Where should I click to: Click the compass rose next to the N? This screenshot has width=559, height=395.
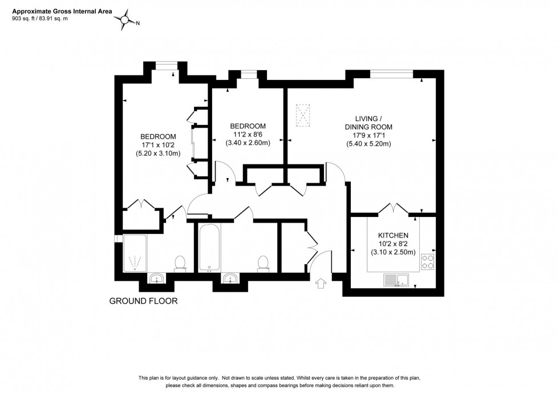point(125,21)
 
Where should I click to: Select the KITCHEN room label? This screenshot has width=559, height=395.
point(394,235)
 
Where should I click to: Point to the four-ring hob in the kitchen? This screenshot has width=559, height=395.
point(428,262)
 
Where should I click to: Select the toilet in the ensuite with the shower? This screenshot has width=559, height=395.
point(180,263)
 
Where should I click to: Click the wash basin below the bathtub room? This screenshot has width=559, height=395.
point(230,279)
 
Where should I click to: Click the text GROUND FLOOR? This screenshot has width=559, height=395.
point(143,301)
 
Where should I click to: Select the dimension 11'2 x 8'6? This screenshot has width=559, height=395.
point(248,135)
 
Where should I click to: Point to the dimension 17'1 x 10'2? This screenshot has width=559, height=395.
point(158,145)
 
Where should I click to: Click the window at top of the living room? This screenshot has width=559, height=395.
point(391,72)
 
